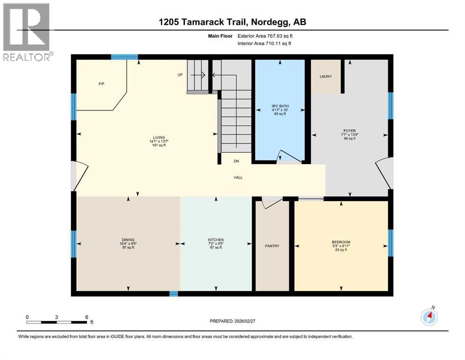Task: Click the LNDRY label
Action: coord(325,76)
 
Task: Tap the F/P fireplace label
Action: coord(102,84)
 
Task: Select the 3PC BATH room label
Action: coord(280,106)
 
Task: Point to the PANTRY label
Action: coord(272,246)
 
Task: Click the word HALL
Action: coord(238,178)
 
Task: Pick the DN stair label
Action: coord(236,161)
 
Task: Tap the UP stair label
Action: coord(180,75)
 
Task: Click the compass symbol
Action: coord(429,317)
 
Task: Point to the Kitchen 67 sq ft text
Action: coord(216,247)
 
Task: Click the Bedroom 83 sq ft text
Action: coord(341,250)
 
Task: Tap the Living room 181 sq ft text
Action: coord(159,145)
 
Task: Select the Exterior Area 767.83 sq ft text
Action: coord(265,36)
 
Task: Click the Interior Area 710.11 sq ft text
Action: coord(264,43)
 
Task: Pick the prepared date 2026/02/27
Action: coord(244,321)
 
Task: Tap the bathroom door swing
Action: coord(290,157)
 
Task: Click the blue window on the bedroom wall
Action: coord(391,243)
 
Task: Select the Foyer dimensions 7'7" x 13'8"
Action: coord(350,135)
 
